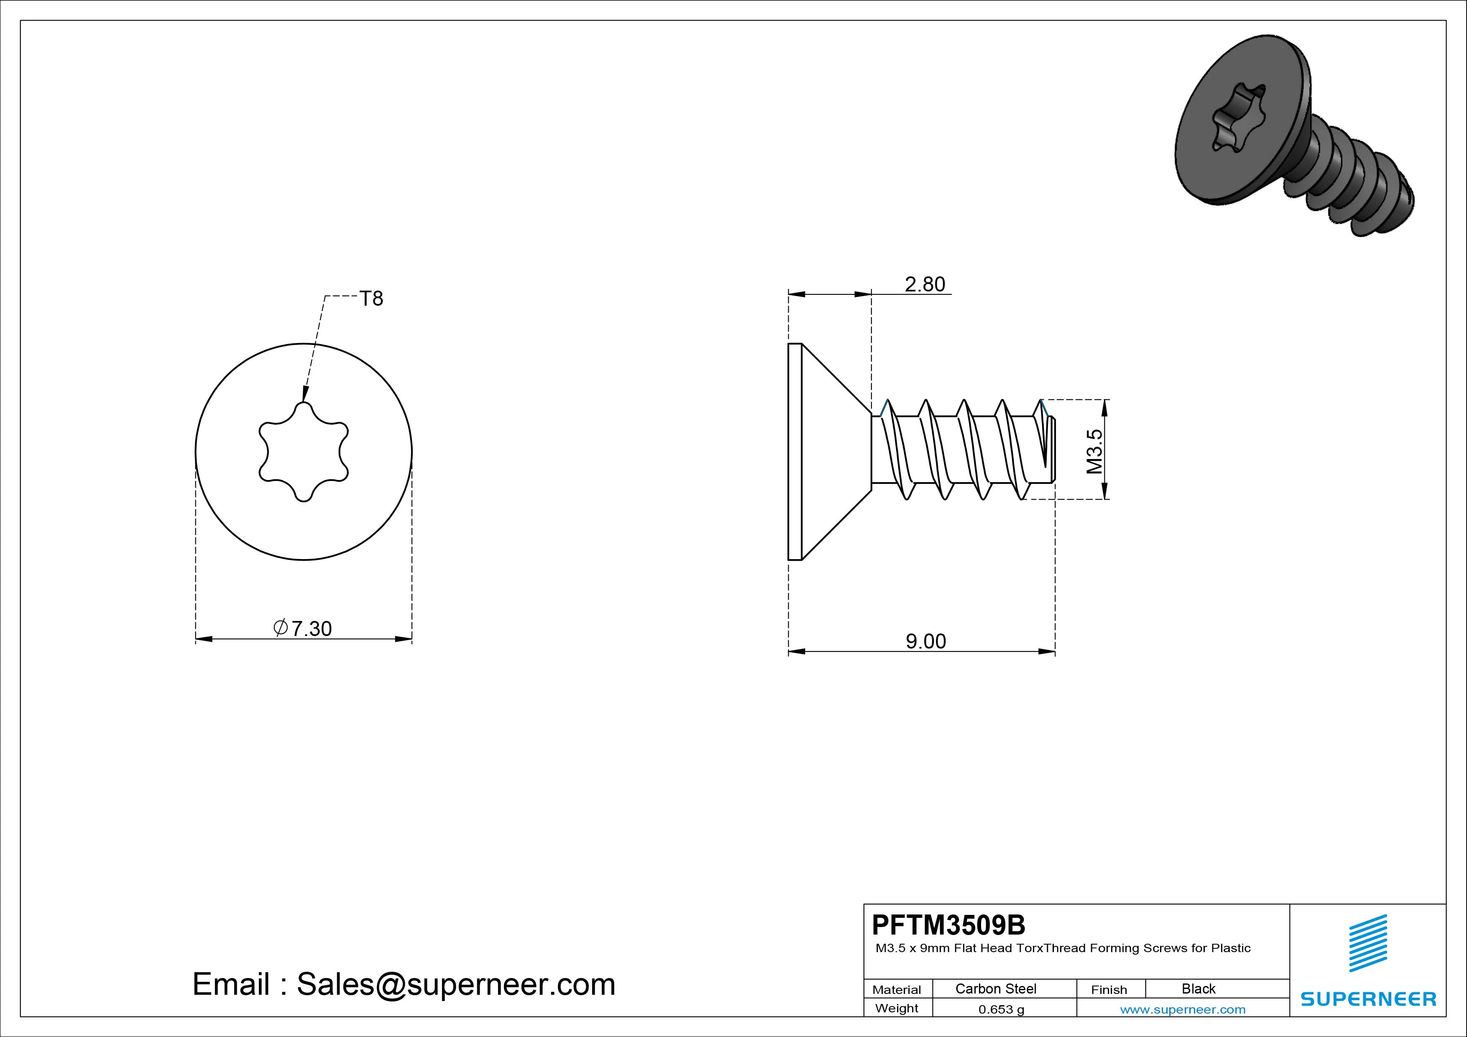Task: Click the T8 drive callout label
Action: [x=371, y=299]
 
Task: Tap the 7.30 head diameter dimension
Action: [x=303, y=629]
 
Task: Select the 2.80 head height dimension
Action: [x=925, y=284]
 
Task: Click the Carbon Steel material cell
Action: [x=995, y=988]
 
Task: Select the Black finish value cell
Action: [x=1199, y=988]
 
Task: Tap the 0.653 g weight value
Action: [x=1001, y=1009]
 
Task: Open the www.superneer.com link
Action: [x=1183, y=1009]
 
